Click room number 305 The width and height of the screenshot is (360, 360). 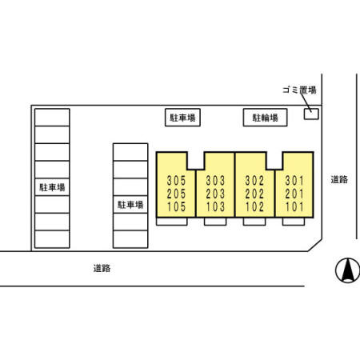click(176, 181)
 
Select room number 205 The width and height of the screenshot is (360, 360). click(176, 194)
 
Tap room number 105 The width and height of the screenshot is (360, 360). click(176, 206)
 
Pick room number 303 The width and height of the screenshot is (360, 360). click(215, 181)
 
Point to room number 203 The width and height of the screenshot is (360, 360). click(215, 194)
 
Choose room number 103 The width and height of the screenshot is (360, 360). click(215, 206)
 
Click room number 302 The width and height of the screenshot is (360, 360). click(254, 181)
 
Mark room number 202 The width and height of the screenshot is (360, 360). click(254, 194)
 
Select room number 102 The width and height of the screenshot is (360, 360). click(254, 206)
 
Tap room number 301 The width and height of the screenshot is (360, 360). click(294, 181)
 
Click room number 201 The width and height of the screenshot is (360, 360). click(294, 194)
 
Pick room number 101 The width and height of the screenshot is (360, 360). click(294, 206)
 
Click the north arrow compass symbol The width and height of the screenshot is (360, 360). click(347, 270)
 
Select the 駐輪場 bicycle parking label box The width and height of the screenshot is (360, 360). click(265, 118)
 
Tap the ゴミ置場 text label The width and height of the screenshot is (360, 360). click(299, 90)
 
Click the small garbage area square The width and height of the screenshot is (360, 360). click(311, 114)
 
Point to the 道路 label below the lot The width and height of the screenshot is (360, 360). click(102, 268)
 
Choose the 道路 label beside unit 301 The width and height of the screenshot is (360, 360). click(339, 179)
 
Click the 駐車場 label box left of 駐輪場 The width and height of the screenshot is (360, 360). click(182, 118)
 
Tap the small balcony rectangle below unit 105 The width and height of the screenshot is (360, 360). click(172, 222)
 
